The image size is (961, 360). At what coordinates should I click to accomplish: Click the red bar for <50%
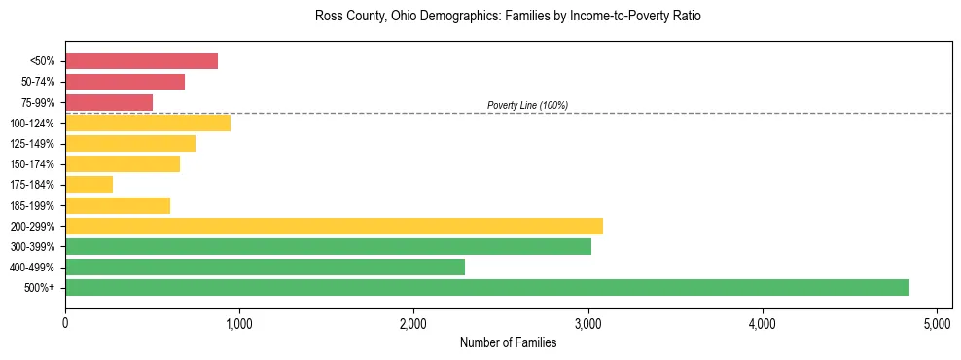click(141, 61)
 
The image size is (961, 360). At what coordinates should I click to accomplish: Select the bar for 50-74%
click(125, 82)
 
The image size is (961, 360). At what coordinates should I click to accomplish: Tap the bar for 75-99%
click(109, 102)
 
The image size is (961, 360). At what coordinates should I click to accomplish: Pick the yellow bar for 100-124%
click(148, 123)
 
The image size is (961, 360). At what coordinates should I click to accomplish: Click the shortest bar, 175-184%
click(89, 184)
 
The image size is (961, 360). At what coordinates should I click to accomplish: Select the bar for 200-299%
click(334, 226)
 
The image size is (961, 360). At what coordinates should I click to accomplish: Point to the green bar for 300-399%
click(328, 246)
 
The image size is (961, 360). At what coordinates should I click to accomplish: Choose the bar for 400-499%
click(265, 267)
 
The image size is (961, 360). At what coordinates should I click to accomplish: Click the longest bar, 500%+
click(486, 287)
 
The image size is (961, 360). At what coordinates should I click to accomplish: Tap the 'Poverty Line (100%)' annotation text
click(527, 105)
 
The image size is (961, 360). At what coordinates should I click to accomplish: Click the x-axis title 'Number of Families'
click(508, 342)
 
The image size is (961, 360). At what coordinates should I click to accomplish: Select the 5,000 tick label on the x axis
click(937, 322)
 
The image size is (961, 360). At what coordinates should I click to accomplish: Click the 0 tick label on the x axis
click(65, 322)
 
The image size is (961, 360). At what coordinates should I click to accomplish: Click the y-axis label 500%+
click(40, 288)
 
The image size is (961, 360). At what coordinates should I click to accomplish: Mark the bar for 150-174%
click(123, 163)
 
